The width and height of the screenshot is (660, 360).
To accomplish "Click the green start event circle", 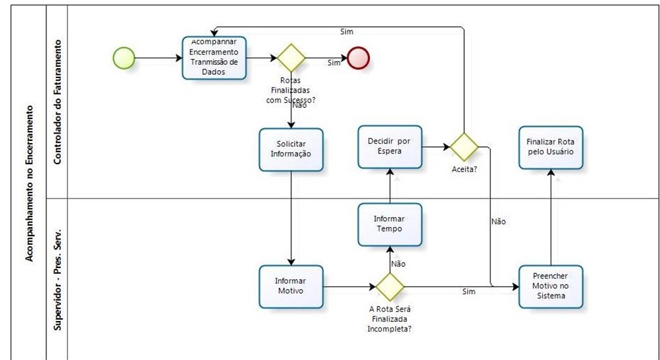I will coord(124,58).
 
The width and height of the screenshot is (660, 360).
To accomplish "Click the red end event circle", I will coord(359,58).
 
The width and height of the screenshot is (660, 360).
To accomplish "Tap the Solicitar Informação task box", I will coord(291,150).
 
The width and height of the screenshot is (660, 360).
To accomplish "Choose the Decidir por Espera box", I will coord(390,146).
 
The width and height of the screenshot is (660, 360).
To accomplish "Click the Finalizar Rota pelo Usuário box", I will coord(551,147).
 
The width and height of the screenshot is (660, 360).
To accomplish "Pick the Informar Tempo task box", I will coord(389,223).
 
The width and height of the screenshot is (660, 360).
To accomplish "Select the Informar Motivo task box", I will coord(291,286).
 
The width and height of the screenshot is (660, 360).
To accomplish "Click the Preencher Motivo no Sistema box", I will coord(551,287).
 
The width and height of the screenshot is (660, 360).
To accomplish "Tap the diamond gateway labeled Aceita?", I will coord(463,146).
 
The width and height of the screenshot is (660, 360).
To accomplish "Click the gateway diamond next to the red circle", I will coord(291,58).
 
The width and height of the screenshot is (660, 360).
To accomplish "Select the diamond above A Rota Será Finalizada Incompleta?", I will coord(389,287).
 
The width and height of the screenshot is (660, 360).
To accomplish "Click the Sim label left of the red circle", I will coord(334,63).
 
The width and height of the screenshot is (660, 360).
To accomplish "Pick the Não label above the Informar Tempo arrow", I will coord(398,263).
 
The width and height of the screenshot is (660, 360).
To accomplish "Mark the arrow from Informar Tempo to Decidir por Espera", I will coord(389,185).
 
